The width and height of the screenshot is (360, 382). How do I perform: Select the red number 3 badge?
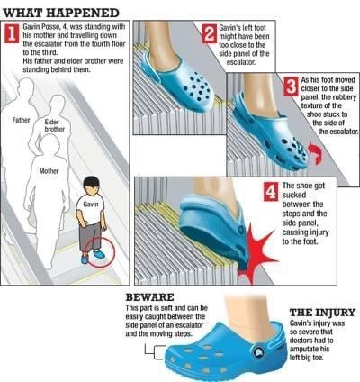(291, 87)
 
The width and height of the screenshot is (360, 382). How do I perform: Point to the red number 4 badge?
(271, 192)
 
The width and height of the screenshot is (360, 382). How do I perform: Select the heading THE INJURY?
(321, 313)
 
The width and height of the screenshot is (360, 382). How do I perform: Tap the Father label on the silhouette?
(22, 119)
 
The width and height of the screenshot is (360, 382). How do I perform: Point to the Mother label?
(49, 168)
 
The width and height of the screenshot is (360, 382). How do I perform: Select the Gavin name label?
(90, 205)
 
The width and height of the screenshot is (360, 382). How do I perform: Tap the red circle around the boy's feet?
(96, 254)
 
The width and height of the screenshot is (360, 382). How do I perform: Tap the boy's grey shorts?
(89, 234)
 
